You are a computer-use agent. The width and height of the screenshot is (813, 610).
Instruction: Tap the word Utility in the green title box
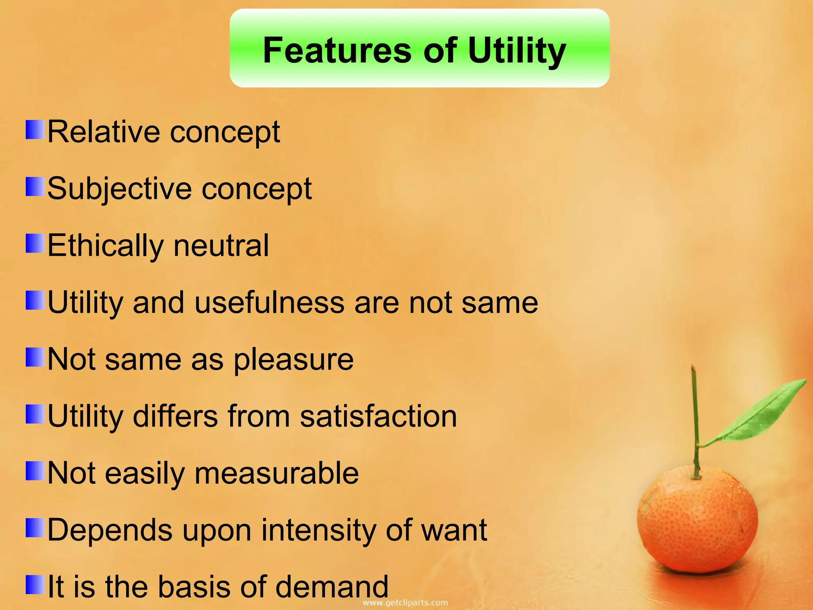517,50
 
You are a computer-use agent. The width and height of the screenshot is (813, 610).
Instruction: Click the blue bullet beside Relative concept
35,130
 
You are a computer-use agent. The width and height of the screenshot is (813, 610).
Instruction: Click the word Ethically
105,246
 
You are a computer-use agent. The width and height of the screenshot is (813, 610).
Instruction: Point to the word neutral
221,246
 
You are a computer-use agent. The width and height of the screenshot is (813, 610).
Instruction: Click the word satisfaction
378,416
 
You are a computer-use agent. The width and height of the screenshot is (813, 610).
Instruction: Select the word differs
175,416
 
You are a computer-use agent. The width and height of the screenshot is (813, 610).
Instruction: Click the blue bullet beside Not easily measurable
35,471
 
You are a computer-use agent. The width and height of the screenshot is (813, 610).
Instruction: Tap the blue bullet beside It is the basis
35,585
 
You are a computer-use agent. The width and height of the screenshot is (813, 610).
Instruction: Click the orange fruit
697,524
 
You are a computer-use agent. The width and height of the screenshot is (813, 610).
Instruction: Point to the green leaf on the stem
762,413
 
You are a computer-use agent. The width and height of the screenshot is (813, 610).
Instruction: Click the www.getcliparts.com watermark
405,603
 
